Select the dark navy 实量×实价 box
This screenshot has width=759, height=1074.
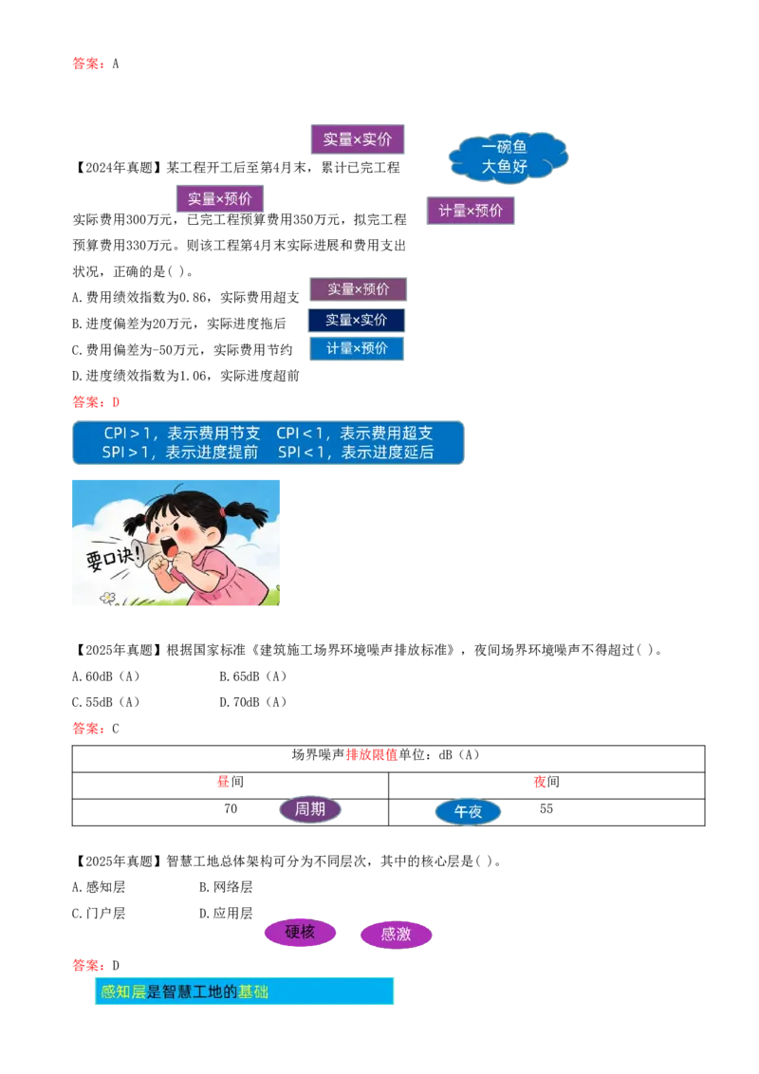[x=357, y=320]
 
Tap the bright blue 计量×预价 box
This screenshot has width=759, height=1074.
[x=357, y=348]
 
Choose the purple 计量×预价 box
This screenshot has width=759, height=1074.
[x=471, y=211]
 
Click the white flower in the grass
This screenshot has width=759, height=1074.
[x=107, y=598]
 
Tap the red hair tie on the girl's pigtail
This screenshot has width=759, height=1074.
[x=222, y=510]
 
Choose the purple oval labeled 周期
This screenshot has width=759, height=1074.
[x=310, y=809]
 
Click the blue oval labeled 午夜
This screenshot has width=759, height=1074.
[x=468, y=812]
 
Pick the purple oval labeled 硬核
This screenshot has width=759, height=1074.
[x=300, y=933]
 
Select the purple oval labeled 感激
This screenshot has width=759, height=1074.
[x=396, y=935]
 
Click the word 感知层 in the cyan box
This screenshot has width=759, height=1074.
[x=123, y=991]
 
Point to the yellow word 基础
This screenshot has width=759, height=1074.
[x=253, y=991]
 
